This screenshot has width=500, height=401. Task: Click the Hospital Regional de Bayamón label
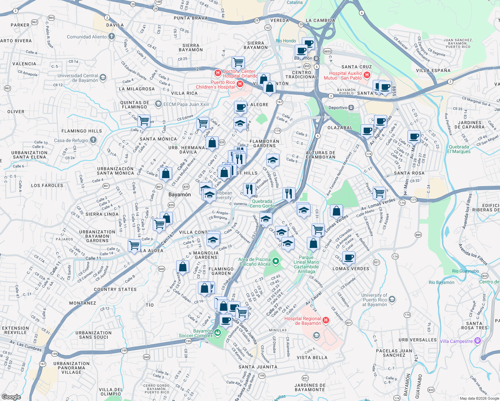pos(302,321)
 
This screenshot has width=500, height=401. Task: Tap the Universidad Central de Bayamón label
pos(78,78)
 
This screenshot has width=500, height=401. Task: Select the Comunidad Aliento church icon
pos(112,36)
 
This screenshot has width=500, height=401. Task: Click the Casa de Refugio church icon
pos(93,140)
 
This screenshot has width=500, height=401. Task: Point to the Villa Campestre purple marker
pos(478,341)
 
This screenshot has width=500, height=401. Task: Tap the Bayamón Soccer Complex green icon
pos(218,332)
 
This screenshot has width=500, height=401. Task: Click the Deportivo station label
pos(338,108)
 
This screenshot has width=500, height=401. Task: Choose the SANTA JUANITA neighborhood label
pos(258,367)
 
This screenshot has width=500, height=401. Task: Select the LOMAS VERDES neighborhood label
pos(351,269)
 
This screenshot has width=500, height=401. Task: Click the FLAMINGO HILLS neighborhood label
pos(82,131)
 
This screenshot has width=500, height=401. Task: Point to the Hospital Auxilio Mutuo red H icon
pos(367,75)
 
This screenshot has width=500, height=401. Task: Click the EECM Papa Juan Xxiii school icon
pos(158,104)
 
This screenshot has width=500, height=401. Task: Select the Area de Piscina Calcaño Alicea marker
pos(276,261)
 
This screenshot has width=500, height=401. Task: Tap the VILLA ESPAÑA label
pos(433,71)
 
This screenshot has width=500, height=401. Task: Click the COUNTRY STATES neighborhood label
pos(115,289)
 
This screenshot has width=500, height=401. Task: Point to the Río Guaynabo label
pos(465,271)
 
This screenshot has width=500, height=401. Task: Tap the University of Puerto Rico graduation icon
pos(392,299)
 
